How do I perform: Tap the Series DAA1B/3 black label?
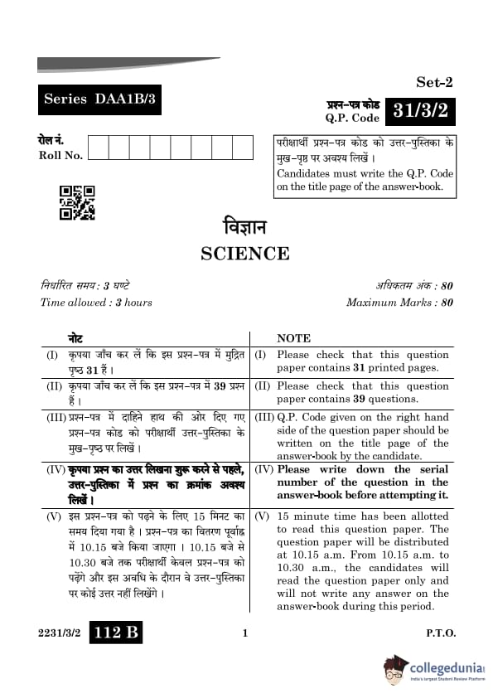click(x=99, y=100)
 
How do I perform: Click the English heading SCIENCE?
click(x=245, y=254)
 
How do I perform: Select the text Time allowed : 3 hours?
click(x=96, y=303)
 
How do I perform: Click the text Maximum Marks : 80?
click(x=399, y=303)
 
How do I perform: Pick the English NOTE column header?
click(x=293, y=338)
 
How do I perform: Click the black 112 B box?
click(x=117, y=633)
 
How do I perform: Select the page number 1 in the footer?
click(x=245, y=634)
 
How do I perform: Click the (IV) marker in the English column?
click(x=263, y=469)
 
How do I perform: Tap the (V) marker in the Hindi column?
click(x=53, y=516)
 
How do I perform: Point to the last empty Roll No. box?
click(x=243, y=148)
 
